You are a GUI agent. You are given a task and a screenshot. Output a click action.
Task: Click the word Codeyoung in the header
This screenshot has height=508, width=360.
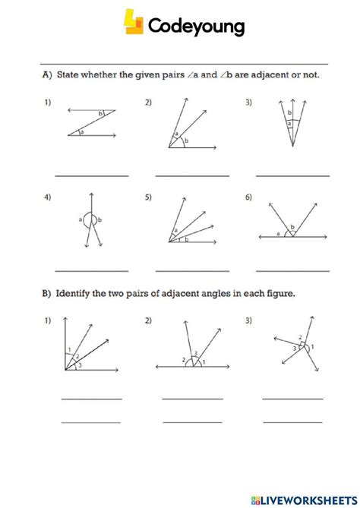coord(197,27)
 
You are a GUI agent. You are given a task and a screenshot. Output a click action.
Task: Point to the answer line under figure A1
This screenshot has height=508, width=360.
coord(91,176)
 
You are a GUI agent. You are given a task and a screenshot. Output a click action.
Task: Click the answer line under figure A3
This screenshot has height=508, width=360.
coord(292,176)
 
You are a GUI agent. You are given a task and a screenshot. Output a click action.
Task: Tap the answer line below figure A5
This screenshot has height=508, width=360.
coord(192,270)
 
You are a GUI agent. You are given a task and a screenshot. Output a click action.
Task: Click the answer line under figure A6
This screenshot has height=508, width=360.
coord(292,270)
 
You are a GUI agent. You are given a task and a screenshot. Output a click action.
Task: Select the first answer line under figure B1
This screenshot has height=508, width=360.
coord(91,399)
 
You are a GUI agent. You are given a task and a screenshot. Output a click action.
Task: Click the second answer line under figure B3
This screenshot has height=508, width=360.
coord(292,421)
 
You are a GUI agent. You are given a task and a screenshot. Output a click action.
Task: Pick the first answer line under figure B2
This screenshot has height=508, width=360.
coord(192,399)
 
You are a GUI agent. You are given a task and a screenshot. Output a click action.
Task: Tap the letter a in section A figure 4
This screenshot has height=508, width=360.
coord(80,221)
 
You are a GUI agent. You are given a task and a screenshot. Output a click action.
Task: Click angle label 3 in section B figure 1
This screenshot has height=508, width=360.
coord(81,366)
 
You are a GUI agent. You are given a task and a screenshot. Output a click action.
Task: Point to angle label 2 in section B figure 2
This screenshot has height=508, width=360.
coord(184,359)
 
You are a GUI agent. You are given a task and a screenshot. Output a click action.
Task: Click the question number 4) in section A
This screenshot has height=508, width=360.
coord(47,197)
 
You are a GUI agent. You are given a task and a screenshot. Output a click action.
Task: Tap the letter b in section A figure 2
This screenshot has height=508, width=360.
coord(187,141)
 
